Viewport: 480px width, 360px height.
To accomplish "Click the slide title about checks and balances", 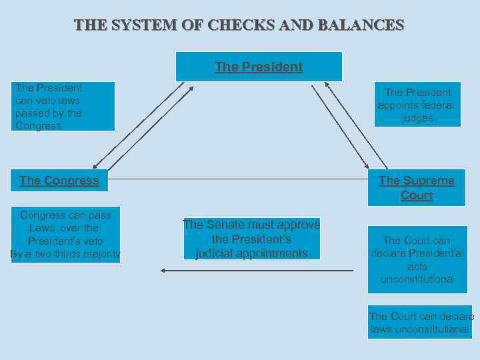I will point(239,25).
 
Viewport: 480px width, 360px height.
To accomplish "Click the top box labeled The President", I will point(259,67).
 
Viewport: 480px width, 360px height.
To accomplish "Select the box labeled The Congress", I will point(59,180).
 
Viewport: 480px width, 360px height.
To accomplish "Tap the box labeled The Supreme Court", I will point(417,187).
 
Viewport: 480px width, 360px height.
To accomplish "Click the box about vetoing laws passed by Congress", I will point(63,107).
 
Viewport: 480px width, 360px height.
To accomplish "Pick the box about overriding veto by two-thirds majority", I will point(65,234).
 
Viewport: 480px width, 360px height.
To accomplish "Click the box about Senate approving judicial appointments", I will point(251,239).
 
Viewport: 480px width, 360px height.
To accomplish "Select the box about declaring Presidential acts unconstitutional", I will point(417,259).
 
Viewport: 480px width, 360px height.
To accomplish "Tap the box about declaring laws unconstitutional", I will point(421,323).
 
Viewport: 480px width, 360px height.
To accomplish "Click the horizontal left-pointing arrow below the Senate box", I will point(257,271).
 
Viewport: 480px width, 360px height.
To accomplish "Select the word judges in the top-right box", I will point(417,118).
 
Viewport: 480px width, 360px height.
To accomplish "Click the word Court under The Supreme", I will point(417,195).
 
